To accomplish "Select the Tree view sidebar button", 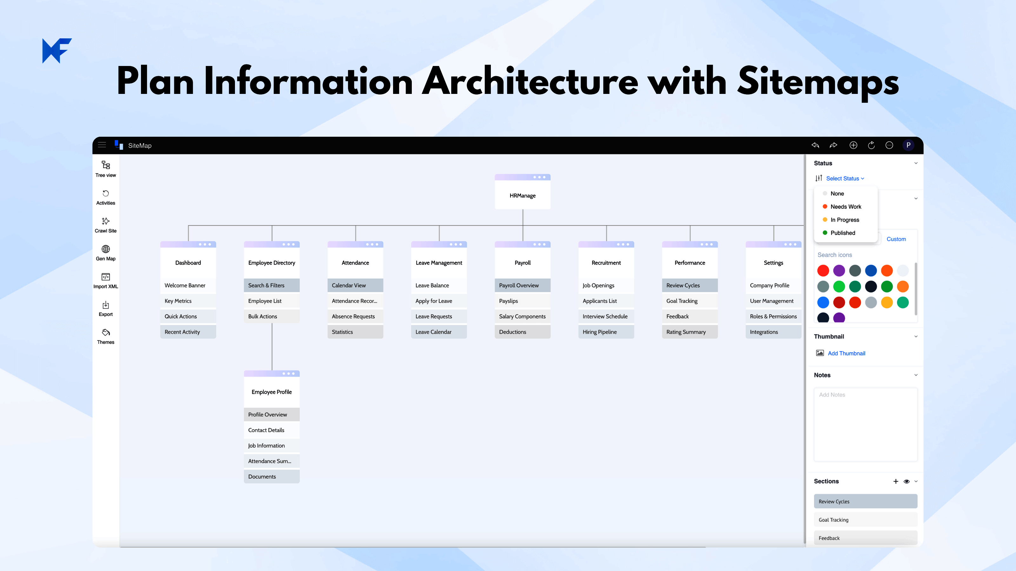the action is point(106,169).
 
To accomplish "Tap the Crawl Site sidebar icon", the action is point(106,225).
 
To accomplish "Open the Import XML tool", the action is point(106,280).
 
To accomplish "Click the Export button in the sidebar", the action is point(106,309).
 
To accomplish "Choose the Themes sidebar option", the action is point(106,337).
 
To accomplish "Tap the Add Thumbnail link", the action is point(846,353).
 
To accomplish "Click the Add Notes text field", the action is point(866,424).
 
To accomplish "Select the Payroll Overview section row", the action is point(523,285).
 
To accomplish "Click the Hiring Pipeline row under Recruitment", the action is point(606,332).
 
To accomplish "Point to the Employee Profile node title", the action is point(272,392).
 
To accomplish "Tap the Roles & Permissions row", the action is point(773,317).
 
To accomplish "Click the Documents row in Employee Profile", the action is point(272,476).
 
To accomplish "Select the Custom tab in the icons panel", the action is point(896,239).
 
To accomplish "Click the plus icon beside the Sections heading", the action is point(896,481).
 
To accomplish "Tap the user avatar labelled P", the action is point(908,145).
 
